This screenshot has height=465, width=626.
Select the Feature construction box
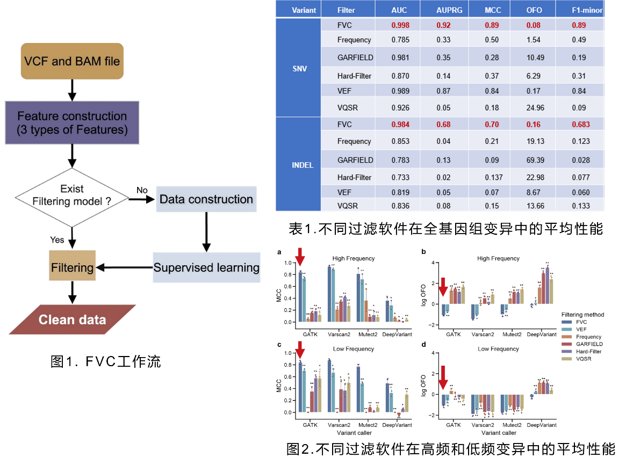(x=72, y=123)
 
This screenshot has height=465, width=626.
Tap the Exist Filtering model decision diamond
(x=71, y=197)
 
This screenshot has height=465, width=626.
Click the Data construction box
(x=206, y=199)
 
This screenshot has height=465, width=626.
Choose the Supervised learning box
(x=206, y=267)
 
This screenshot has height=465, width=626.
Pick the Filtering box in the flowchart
(x=72, y=267)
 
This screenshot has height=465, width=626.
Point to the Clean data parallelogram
(x=72, y=320)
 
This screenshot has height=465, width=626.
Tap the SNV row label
(x=299, y=69)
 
